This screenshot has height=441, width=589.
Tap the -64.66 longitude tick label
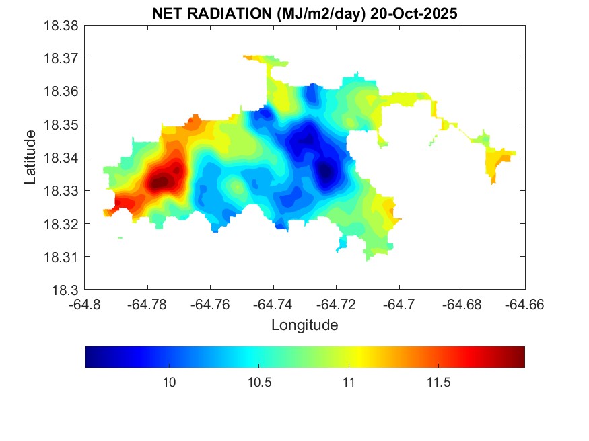[525, 305]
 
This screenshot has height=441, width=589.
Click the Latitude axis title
[30, 158]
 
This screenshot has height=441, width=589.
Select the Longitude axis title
[304, 325]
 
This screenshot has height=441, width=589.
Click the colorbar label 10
[170, 382]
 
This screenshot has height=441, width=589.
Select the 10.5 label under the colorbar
[259, 382]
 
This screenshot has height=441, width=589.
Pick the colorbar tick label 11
[349, 382]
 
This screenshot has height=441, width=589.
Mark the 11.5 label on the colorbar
[438, 382]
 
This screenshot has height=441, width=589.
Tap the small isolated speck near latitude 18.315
[120, 237]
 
